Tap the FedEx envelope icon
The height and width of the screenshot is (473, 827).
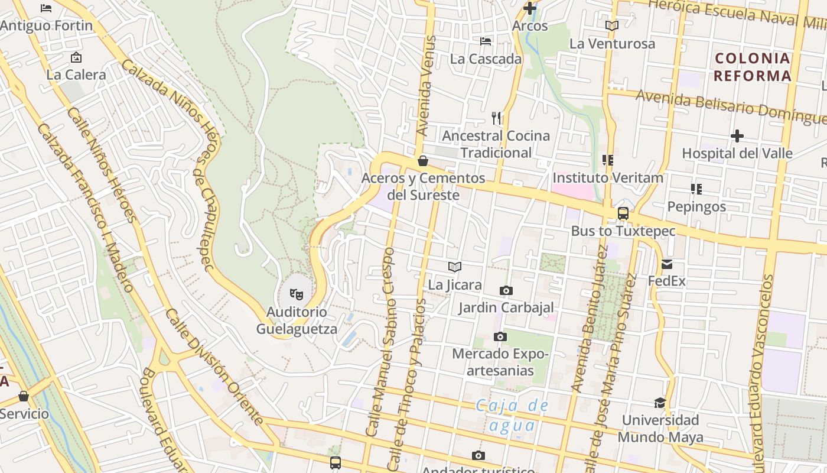point(667,264)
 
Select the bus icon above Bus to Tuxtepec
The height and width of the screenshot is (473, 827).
point(623,213)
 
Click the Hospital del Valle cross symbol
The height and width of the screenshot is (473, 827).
point(737,136)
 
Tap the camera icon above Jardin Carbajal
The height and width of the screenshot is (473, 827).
point(506,290)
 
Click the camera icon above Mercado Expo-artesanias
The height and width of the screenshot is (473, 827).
point(500,336)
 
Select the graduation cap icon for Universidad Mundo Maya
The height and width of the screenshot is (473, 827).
point(660,403)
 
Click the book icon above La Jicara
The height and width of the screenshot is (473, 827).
point(454,267)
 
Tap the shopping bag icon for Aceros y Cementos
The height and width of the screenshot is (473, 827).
point(423,160)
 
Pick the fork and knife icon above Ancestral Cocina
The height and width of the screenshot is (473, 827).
point(496,118)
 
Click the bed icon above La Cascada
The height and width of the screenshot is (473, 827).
point(486,41)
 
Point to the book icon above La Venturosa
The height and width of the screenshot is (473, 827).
point(612,26)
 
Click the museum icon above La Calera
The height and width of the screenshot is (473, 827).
point(76,57)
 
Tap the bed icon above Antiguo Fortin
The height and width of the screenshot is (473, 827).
point(46,8)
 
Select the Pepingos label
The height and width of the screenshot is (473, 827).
point(696,207)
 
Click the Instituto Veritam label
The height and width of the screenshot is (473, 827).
point(608,177)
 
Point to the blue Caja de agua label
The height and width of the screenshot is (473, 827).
point(512,416)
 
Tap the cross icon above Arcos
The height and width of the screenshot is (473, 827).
point(530,8)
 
